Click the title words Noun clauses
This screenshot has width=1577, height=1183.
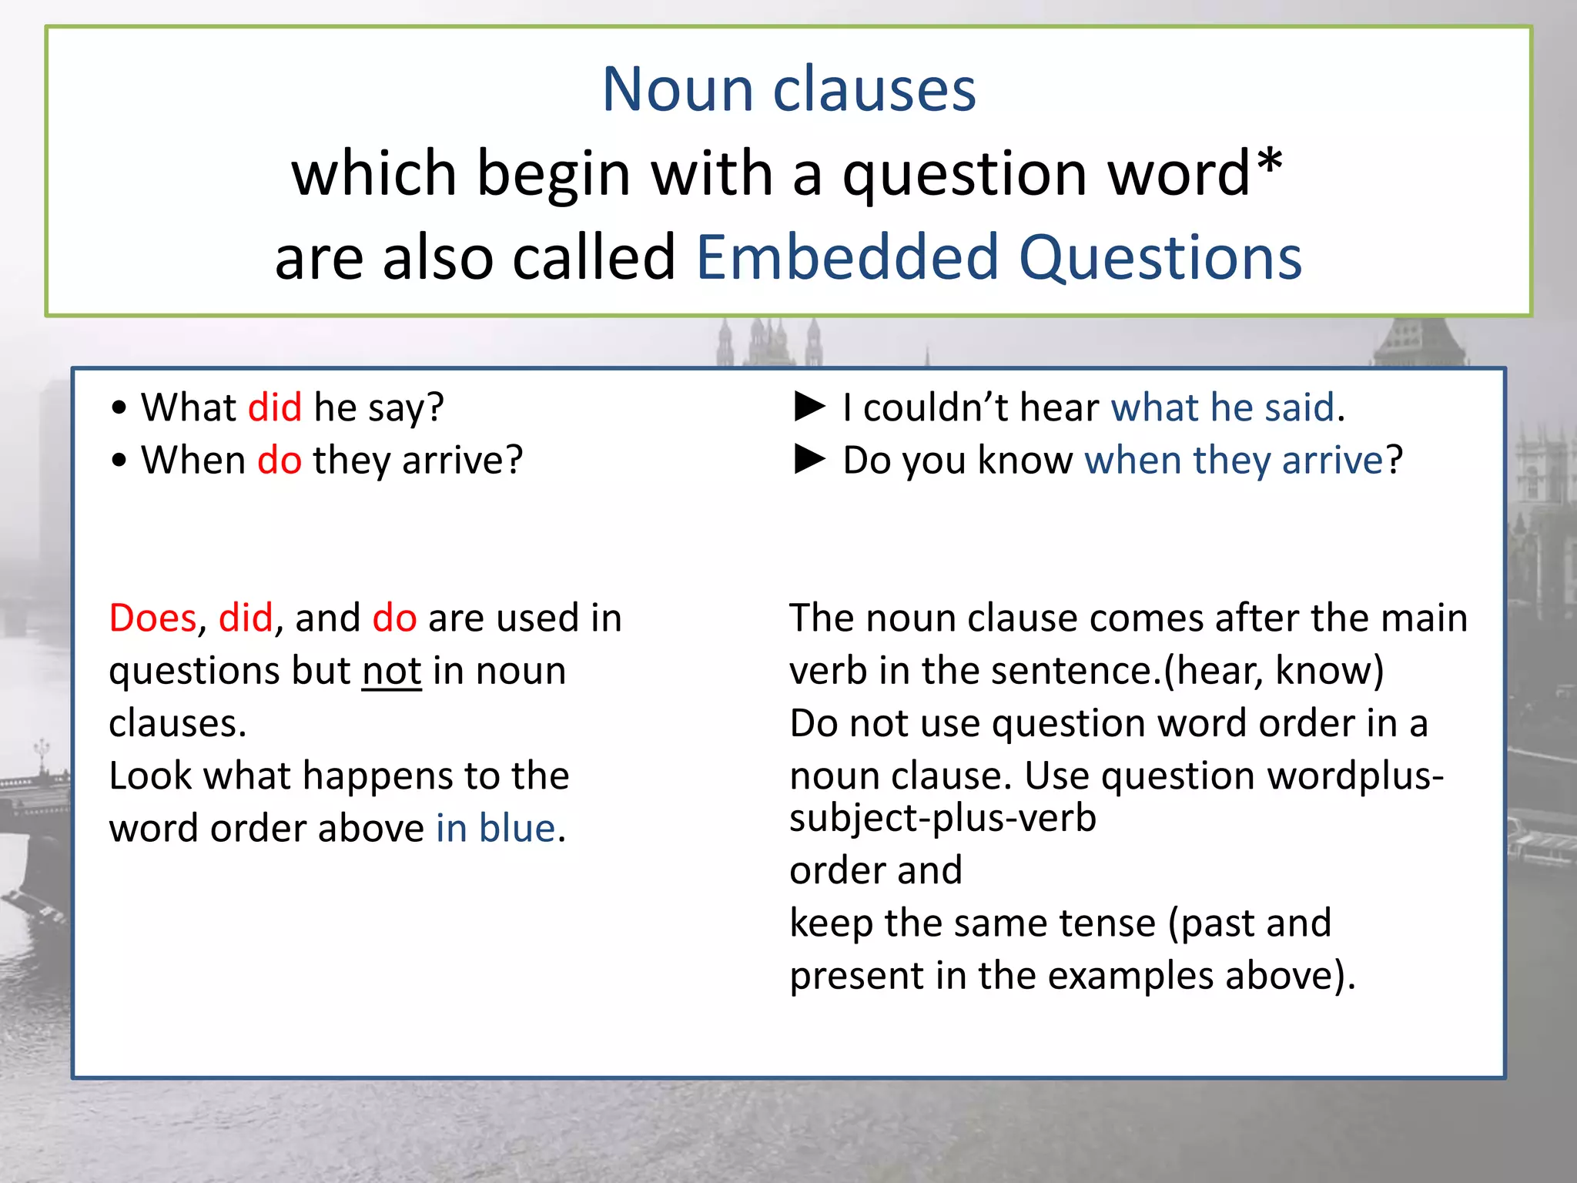coord(788,89)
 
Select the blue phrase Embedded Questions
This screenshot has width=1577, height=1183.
coord(999,257)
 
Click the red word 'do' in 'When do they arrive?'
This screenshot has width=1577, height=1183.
coord(280,461)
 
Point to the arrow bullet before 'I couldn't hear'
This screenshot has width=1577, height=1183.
coord(809,406)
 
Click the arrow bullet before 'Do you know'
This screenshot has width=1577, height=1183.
coord(809,459)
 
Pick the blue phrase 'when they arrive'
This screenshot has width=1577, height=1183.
coord(1234,461)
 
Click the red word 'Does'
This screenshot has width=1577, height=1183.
coord(153,618)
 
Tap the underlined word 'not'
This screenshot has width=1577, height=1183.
coord(392,671)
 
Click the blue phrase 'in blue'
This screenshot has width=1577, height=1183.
coord(496,829)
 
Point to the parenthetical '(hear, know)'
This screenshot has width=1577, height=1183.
coord(1274,671)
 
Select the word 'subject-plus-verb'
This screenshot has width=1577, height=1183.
coord(943,818)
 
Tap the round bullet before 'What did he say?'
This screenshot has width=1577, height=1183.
coord(119,407)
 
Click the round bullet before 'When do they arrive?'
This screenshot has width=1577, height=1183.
coord(119,461)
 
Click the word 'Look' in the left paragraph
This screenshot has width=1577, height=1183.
coord(151,776)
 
